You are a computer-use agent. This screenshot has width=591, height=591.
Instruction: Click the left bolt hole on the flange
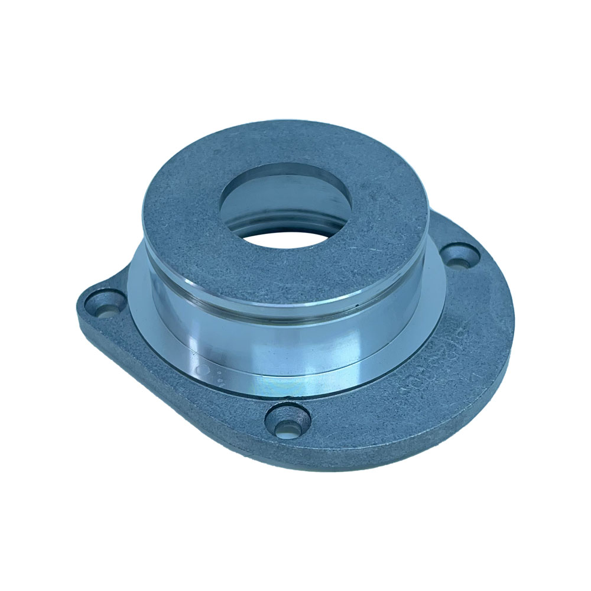[x=107, y=302]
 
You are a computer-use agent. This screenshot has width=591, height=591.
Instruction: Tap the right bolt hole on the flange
[x=462, y=256]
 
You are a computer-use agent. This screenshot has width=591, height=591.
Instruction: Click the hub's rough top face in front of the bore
[x=278, y=272]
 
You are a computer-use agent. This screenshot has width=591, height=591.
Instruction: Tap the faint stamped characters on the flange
[x=431, y=366]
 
